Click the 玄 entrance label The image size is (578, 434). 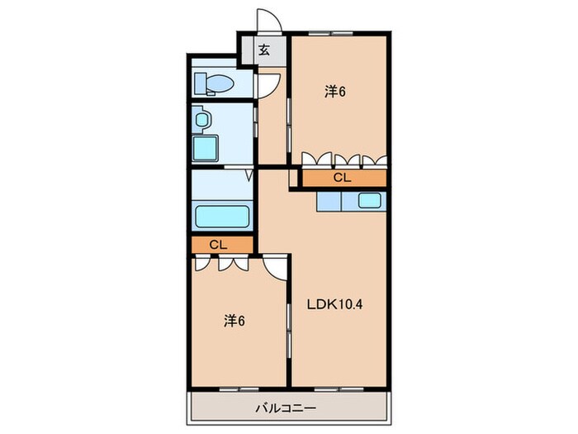pos(263,50)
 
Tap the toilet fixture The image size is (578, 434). pos(214,83)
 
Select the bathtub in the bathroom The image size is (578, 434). pos(222,217)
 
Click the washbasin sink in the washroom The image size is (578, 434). pos(201,119)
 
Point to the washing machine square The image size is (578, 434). pos(206,148)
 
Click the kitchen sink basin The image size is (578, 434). pos(370,201)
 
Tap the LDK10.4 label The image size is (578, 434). pos(335,304)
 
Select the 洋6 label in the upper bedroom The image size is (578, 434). pos(335,92)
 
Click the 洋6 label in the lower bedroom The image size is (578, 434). pos(234,321)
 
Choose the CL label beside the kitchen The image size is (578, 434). pos(342,178)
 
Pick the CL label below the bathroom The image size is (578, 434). pos(218,245)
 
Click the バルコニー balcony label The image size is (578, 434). pos(286,408)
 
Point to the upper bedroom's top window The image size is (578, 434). pos(330,34)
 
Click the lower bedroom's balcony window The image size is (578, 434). pos(239,389)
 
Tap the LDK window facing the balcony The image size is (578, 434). pos(339,389)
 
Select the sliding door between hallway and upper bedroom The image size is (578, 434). pos(289,126)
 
